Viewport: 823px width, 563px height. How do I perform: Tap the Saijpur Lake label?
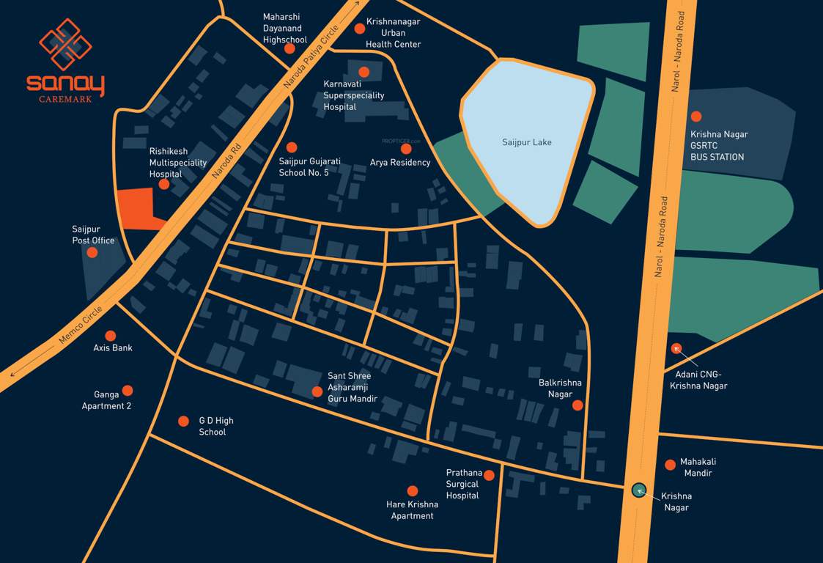coord(526,142)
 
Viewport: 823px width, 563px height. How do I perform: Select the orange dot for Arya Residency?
coord(406,149)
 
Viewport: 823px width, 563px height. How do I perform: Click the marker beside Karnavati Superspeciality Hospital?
coord(364,72)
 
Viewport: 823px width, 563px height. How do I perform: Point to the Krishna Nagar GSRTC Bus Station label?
coord(719,146)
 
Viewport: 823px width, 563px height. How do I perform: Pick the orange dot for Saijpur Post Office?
coord(92,252)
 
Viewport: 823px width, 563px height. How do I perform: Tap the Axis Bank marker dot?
coord(111,335)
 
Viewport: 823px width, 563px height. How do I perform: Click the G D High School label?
coord(216,426)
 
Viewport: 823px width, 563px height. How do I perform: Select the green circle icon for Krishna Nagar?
coord(638,490)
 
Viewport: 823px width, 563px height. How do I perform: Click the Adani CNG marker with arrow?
coord(676,348)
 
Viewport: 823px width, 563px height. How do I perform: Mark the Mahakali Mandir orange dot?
coord(670,464)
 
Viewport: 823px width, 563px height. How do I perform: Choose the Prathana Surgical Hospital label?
coord(462,484)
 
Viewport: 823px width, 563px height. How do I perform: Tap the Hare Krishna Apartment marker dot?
coord(413,491)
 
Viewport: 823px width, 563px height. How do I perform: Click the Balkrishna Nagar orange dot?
coord(577,405)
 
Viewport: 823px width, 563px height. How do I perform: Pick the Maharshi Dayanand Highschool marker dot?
coord(289,48)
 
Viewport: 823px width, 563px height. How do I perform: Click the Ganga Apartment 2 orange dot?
coord(128,391)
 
